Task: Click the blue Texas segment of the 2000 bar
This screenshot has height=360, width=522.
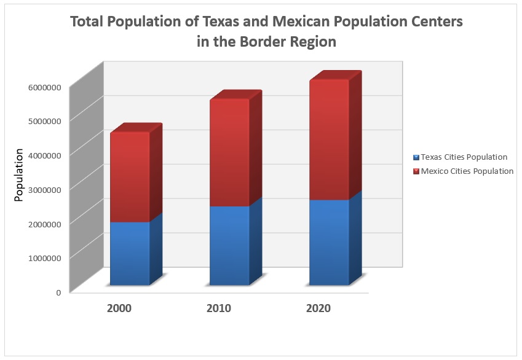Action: click(130, 253)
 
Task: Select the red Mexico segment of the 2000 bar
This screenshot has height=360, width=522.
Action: click(130, 177)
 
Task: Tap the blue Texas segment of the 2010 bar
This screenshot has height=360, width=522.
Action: click(229, 245)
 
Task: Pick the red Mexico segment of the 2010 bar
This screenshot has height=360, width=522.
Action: click(229, 152)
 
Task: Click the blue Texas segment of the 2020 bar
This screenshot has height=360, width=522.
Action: click(329, 242)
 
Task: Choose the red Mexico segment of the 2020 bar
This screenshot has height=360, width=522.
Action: click(329, 139)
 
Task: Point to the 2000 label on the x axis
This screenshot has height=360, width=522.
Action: click(119, 308)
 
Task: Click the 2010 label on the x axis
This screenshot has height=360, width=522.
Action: click(218, 308)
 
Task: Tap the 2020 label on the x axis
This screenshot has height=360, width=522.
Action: click(318, 308)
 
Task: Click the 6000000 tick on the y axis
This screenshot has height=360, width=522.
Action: click(44, 87)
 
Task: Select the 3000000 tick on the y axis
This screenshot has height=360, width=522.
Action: click(44, 189)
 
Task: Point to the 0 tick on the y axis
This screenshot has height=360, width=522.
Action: click(58, 292)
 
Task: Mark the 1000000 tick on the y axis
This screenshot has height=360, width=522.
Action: click(44, 257)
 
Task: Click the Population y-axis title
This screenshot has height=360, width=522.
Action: click(19, 174)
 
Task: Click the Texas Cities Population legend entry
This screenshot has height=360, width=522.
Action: click(464, 157)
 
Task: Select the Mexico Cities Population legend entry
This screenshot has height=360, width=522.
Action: click(467, 171)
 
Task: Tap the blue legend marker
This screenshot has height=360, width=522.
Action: click(416, 157)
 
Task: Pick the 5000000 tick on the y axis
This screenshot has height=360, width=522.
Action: click(44, 120)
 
